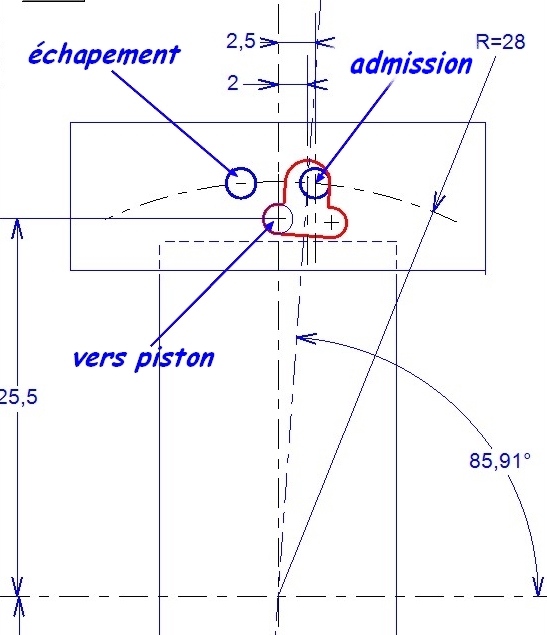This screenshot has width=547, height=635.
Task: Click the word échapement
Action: click(104, 54)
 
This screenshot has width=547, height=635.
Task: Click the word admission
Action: click(411, 64)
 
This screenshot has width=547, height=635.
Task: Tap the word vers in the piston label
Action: click(99, 358)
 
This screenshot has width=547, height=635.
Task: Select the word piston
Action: click(175, 358)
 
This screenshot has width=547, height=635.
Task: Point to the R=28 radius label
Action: click(500, 42)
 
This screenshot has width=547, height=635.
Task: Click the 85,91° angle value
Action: click(500, 460)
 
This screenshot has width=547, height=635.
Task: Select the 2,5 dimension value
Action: click(241, 41)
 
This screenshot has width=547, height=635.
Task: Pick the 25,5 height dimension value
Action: click(18, 397)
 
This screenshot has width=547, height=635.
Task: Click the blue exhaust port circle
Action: click(241, 183)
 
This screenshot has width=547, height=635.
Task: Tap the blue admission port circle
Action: click(315, 183)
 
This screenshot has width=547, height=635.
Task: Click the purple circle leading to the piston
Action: click(278, 219)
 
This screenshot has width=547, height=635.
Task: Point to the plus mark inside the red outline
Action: click(332, 222)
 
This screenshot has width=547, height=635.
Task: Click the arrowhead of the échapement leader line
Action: click(235, 173)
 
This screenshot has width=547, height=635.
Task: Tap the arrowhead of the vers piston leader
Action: click(270, 224)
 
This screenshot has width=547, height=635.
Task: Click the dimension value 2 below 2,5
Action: click(233, 83)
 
